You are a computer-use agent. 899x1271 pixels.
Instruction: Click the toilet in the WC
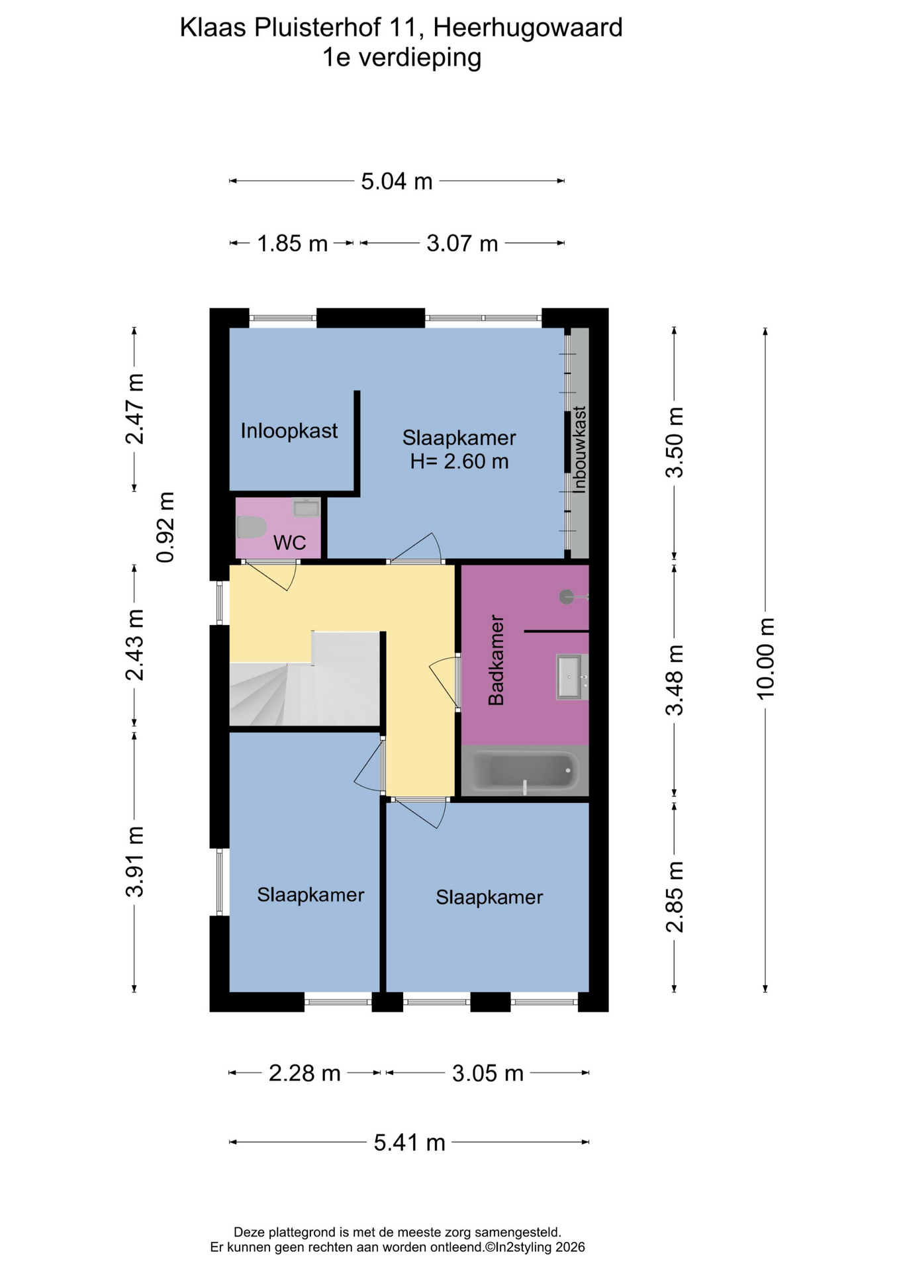[x=251, y=528]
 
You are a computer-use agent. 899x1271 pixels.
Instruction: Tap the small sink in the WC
[x=307, y=508]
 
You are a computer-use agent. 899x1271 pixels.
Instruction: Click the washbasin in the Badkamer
[x=569, y=677]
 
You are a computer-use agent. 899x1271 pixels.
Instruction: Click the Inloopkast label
[x=289, y=431]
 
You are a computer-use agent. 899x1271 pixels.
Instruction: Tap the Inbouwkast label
[x=580, y=449]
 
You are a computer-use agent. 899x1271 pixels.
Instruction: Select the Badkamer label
[x=496, y=661]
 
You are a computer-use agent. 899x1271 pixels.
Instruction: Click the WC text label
[x=290, y=543]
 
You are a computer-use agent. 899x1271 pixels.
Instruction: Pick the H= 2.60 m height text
[x=459, y=461]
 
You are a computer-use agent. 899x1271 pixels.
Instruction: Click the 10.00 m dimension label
[x=765, y=659]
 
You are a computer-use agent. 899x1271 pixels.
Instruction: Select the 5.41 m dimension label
[x=409, y=1142]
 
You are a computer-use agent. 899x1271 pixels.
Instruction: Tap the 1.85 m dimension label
[x=293, y=244]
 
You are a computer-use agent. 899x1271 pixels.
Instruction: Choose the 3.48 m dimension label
[x=675, y=681]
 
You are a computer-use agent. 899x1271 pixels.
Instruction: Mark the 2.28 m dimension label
[x=305, y=1072]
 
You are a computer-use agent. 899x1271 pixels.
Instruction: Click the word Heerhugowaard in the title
[x=528, y=28]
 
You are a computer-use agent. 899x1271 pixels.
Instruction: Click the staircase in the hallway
[x=305, y=680]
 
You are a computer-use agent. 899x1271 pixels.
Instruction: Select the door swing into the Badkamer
[x=442, y=682]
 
